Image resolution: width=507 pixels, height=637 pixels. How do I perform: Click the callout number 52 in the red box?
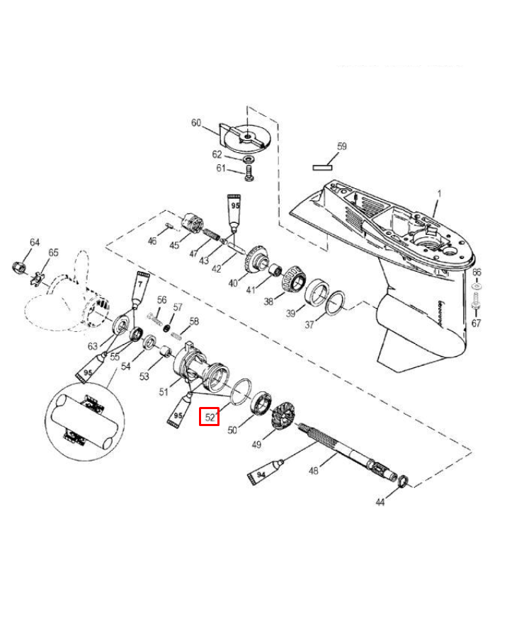tap(210, 417)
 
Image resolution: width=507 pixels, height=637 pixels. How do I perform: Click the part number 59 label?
tap(341, 147)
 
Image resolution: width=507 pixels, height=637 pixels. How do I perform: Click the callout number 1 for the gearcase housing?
tap(438, 193)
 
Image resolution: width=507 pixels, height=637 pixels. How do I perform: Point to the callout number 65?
tap(54, 253)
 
